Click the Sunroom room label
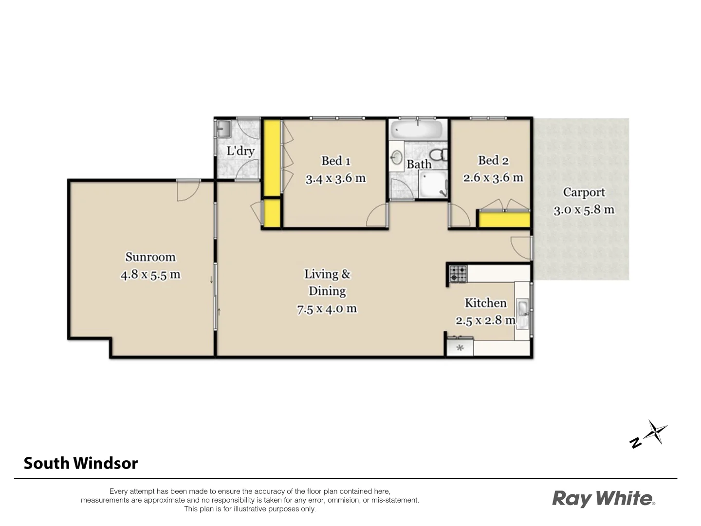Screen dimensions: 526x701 [x=150, y=257]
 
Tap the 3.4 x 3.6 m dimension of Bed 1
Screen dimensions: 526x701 [x=335, y=179]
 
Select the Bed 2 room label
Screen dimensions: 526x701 [x=493, y=160]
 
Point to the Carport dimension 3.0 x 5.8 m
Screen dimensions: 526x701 [x=584, y=210]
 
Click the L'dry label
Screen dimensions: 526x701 [x=240, y=150]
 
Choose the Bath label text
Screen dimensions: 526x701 [x=419, y=164]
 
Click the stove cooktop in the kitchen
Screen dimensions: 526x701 [x=458, y=274]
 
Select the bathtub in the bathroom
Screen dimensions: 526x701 [x=417, y=130]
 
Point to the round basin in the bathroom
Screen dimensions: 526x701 [x=397, y=157]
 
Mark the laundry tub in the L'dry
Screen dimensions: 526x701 [x=224, y=129]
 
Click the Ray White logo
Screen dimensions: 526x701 [x=603, y=499]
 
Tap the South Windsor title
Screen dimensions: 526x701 [x=81, y=463]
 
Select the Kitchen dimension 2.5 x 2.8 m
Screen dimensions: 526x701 [x=485, y=320]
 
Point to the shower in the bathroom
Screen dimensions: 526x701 [x=432, y=185]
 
